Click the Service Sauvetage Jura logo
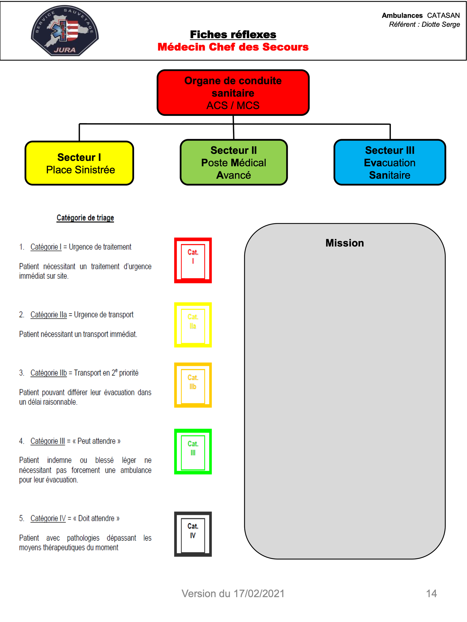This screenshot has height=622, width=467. (x=65, y=30)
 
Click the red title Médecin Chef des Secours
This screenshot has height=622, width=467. (x=233, y=47)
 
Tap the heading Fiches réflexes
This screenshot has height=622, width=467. (x=233, y=34)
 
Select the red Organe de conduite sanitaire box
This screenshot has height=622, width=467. (x=233, y=93)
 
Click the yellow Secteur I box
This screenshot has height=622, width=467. (x=79, y=163)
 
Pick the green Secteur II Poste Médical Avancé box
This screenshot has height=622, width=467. (x=234, y=163)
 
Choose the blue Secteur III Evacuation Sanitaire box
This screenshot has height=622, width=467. (x=390, y=163)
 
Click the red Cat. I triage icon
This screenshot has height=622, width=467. (x=193, y=260)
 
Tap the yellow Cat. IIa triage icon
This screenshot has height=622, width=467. (x=193, y=325)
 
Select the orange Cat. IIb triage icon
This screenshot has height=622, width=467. (x=193, y=385)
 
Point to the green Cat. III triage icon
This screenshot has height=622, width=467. (x=193, y=452)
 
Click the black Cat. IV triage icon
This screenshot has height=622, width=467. (x=193, y=534)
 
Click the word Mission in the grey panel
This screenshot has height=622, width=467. (x=345, y=243)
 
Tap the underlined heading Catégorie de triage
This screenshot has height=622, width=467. (x=85, y=218)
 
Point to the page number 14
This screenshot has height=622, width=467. (x=431, y=594)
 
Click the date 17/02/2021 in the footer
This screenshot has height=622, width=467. (x=259, y=594)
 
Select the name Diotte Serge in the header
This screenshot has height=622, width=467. (x=440, y=25)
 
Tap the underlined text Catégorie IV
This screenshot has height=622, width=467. (x=48, y=518)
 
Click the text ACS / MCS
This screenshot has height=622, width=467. (x=233, y=105)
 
